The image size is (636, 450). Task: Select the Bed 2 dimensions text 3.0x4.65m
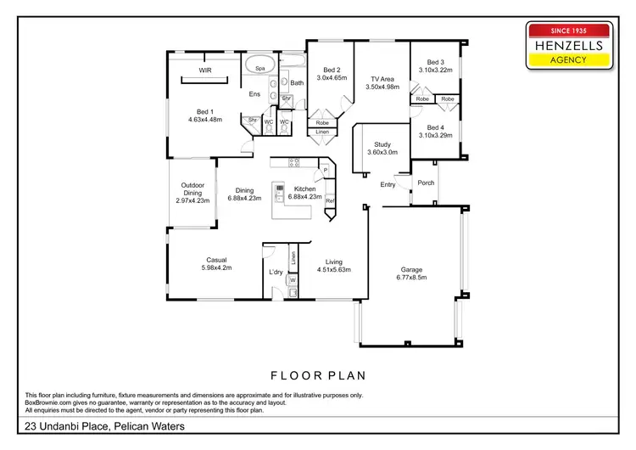click(332, 77)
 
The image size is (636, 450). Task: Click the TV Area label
click(382, 77)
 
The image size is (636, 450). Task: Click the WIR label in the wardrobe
click(204, 70)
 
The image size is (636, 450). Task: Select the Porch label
click(426, 182)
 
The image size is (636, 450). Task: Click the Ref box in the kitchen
click(330, 200)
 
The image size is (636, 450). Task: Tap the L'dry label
click(275, 272)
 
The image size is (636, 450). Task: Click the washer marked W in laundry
click(293, 279)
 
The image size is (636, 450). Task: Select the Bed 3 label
click(435, 62)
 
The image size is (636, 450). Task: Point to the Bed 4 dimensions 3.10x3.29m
click(435, 135)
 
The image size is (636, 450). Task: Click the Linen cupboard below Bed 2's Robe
click(321, 132)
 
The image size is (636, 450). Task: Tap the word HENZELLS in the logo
click(570, 43)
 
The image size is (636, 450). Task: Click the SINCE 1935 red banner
click(570, 29)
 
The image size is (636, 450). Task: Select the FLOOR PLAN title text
click(317, 374)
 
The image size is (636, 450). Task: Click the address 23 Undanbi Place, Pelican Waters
click(104, 426)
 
